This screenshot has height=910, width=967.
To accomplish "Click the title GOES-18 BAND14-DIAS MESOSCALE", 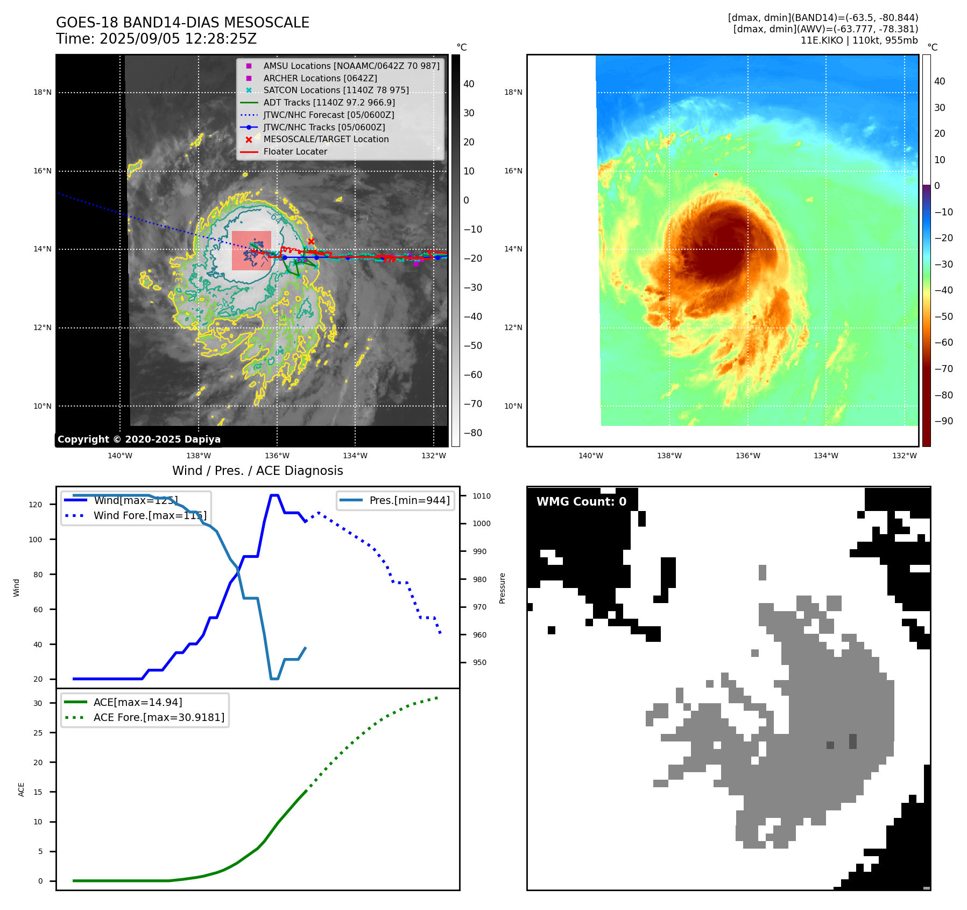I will point(182,23).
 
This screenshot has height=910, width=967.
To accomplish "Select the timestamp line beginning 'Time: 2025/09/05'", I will point(156,39).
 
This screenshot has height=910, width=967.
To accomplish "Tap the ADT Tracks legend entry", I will point(329,102).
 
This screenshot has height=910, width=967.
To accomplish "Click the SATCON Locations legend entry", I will point(336,90).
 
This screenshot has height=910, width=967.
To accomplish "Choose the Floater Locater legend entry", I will point(295,151).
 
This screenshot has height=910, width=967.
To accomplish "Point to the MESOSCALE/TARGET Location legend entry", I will point(326,139).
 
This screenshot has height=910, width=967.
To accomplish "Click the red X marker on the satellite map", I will point(311,242).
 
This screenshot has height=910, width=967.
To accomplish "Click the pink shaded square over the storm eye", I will point(251,250).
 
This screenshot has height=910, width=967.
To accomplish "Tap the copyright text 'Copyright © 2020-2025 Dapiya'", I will point(139,439).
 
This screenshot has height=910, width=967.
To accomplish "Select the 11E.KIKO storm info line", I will point(859,40).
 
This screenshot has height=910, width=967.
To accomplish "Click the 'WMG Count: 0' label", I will point(581,502).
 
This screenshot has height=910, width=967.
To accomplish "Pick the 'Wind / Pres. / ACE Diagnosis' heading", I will point(257,471).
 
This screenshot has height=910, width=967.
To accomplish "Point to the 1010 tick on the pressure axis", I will point(482,496).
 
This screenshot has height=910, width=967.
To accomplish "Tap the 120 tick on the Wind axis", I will point(36,505).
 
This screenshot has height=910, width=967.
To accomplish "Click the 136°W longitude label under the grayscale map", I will point(277,456).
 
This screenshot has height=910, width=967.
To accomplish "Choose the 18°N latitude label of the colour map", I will point(513,92).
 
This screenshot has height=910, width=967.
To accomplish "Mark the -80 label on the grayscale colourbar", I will point(473,433).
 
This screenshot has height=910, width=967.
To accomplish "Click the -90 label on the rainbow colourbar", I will point(943,421).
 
